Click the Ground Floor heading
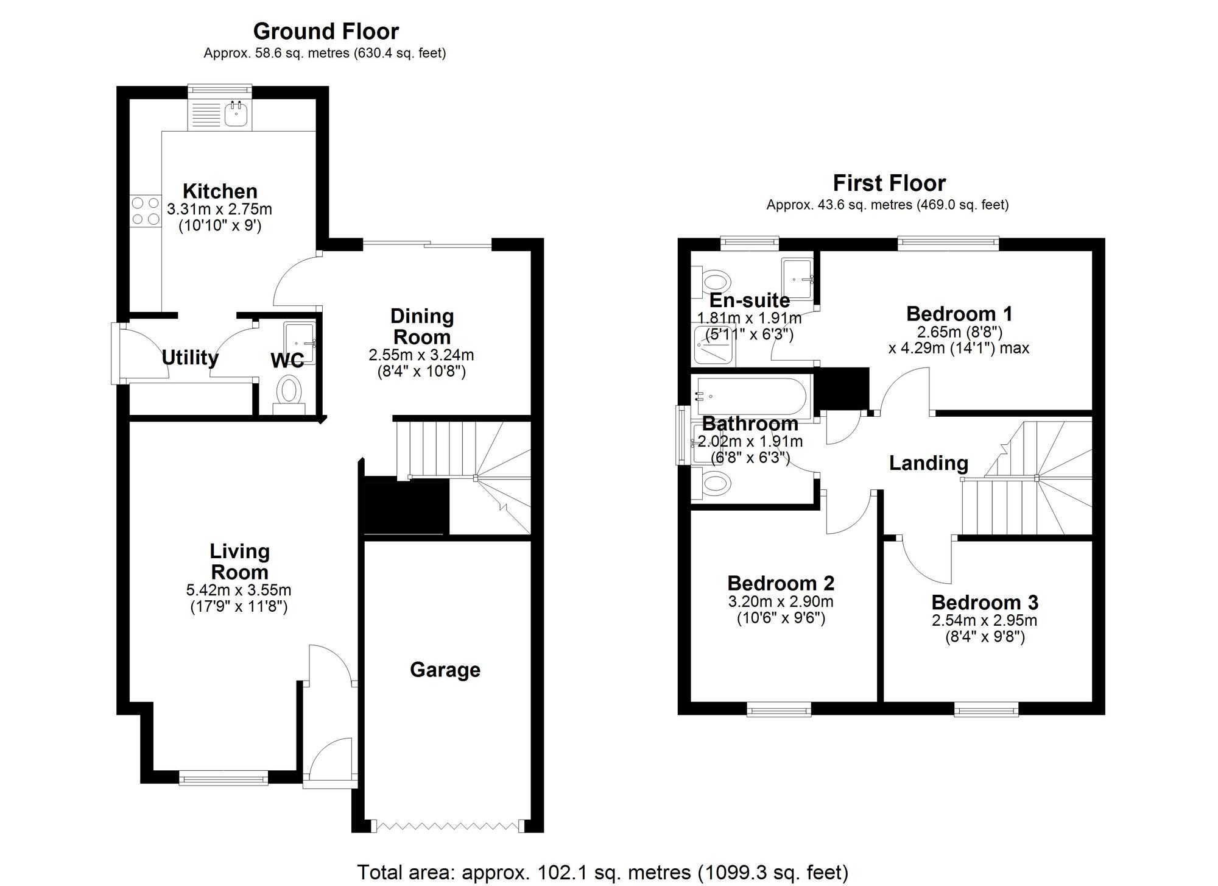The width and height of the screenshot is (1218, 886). (326, 31)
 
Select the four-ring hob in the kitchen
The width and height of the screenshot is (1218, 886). (145, 211)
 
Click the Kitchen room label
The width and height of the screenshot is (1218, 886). (220, 191)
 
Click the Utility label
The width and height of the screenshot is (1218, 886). (190, 357)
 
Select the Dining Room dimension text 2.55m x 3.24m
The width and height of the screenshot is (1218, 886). (421, 355)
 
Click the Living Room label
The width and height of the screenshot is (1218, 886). (239, 561)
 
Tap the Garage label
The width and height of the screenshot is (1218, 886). (445, 670)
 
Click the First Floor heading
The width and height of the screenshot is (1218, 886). (889, 183)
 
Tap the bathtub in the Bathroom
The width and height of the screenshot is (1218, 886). (750, 396)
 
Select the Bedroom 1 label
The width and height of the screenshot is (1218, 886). (959, 313)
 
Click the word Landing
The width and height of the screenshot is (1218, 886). (928, 463)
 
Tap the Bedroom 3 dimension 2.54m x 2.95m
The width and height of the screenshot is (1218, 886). (984, 620)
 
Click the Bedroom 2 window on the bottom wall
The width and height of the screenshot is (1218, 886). (779, 709)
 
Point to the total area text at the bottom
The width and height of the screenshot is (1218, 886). (602, 872)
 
